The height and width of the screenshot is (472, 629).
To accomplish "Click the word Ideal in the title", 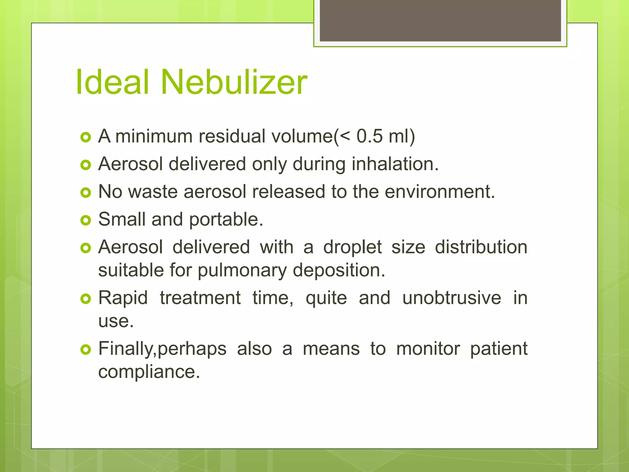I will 112,82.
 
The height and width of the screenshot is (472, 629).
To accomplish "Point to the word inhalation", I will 395,164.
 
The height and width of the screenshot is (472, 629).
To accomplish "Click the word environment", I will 440,192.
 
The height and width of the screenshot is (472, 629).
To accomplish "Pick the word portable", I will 226,220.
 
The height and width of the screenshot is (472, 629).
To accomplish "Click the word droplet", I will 352,248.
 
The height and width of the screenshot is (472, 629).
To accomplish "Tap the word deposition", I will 339,270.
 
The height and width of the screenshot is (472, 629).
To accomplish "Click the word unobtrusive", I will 451,298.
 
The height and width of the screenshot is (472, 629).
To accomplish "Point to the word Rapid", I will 123,298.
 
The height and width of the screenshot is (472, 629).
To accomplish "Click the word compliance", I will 149,372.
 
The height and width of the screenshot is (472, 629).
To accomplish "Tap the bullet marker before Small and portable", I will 86,220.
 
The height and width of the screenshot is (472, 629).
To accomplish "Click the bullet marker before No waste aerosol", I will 86,193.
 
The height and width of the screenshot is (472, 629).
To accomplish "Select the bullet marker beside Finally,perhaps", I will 86,350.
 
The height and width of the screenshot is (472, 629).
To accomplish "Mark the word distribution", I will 481,247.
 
